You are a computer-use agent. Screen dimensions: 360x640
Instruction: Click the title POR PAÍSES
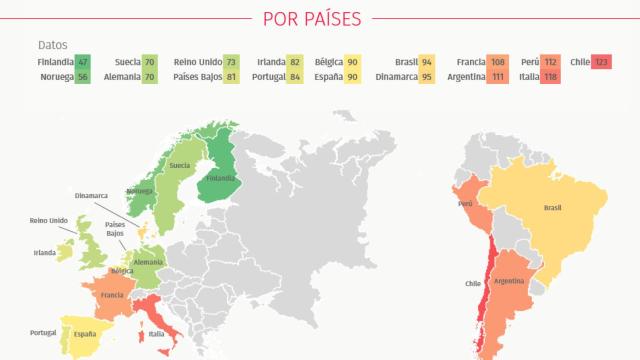tap(311, 17)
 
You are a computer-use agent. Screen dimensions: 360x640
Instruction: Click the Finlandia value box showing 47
tap(82, 62)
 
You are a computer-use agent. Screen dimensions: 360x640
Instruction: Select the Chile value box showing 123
tap(601, 62)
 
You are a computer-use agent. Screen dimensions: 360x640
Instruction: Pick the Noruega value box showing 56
tap(82, 77)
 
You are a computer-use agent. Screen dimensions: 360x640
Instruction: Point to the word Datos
tap(52, 45)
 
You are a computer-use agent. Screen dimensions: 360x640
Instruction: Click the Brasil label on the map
tap(551, 209)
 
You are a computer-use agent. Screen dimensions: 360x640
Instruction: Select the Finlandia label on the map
tap(220, 178)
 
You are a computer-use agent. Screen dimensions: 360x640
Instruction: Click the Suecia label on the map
tap(180, 165)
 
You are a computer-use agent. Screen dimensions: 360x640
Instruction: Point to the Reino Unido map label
tap(49, 220)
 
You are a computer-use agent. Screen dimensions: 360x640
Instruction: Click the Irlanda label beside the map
tap(44, 253)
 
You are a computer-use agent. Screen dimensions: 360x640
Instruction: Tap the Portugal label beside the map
tap(42, 332)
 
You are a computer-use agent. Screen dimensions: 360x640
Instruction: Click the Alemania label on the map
tap(148, 262)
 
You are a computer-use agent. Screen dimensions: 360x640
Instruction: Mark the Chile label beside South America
tap(473, 283)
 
